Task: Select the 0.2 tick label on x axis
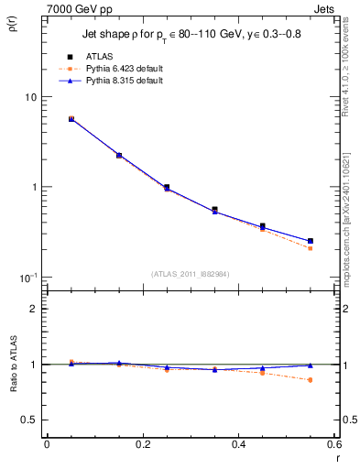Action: pyautogui.click(x=142, y=444)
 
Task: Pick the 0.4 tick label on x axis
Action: pyautogui.click(x=238, y=444)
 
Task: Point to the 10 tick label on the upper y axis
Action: pyautogui.click(x=30, y=97)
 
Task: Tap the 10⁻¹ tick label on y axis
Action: pyautogui.click(x=27, y=277)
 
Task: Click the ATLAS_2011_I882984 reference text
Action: pyautogui.click(x=191, y=274)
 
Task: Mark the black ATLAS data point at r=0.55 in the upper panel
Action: pyautogui.click(x=311, y=242)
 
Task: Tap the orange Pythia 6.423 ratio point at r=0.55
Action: pyautogui.click(x=311, y=379)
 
